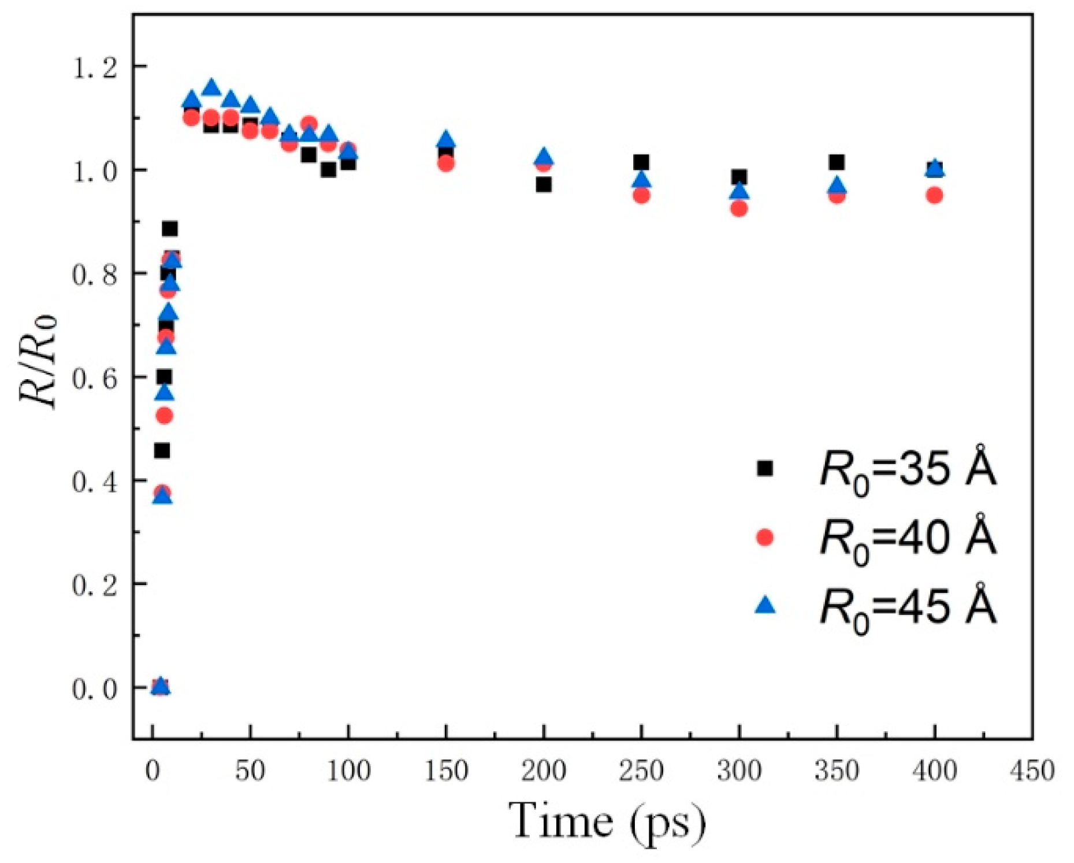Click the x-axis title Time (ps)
[607, 821]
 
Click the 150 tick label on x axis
[446, 771]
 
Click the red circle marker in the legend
[765, 538]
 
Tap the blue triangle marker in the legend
[765, 605]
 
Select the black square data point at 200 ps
[543, 185]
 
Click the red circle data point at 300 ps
[739, 209]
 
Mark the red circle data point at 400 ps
[934, 195]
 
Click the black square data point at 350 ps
[837, 162]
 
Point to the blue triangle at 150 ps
[446, 139]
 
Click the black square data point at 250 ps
[641, 162]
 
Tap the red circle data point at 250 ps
[641, 195]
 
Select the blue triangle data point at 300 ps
[739, 191]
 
